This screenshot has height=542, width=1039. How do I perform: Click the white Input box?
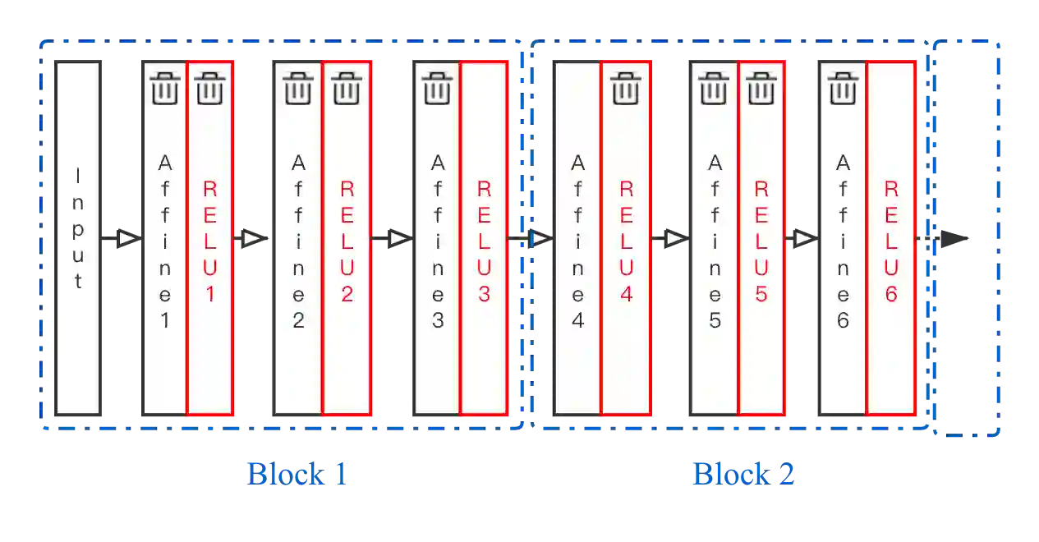(x=77, y=237)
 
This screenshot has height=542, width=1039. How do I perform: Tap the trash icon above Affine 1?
(x=165, y=88)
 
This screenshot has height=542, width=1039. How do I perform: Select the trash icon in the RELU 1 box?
(x=211, y=88)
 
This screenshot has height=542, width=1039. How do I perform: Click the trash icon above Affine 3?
(x=437, y=88)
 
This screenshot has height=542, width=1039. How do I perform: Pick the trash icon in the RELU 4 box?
(x=627, y=88)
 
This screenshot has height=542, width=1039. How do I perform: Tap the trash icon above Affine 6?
(x=843, y=88)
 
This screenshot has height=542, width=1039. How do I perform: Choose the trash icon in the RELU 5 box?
(x=761, y=88)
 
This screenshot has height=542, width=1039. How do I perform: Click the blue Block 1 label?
(x=297, y=474)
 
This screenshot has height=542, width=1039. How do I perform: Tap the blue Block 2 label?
(x=742, y=474)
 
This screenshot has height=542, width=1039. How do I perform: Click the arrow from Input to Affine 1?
(x=126, y=238)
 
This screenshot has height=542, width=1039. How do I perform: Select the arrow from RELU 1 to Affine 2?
(x=252, y=238)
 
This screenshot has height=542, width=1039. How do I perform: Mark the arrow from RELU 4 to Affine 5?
(x=674, y=238)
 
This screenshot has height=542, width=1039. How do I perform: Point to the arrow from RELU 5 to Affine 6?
(x=803, y=238)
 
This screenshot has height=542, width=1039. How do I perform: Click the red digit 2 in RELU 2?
(x=347, y=294)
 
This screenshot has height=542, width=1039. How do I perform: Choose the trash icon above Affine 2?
(x=298, y=88)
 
